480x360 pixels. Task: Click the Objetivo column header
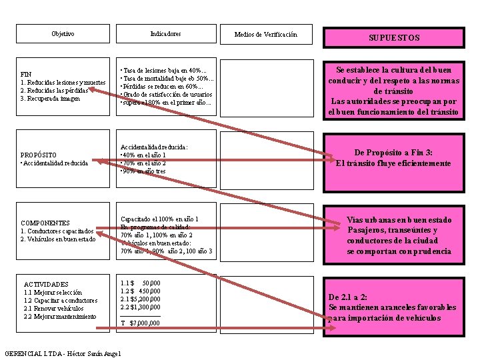click(63, 34)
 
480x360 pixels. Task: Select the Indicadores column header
click(165, 34)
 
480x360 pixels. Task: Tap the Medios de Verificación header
click(266, 35)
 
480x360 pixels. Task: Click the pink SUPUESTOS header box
click(394, 38)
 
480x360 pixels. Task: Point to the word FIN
click(26, 74)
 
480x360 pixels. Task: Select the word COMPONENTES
click(45, 223)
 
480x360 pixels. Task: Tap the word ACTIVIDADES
click(46, 284)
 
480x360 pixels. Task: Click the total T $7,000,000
click(140, 323)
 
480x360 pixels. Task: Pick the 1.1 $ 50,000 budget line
click(140, 283)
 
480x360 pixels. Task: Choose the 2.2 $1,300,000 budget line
click(140, 307)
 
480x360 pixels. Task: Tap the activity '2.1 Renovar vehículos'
click(53, 308)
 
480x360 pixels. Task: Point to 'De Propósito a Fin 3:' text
click(393, 153)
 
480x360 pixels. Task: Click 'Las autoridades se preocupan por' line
click(394, 101)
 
